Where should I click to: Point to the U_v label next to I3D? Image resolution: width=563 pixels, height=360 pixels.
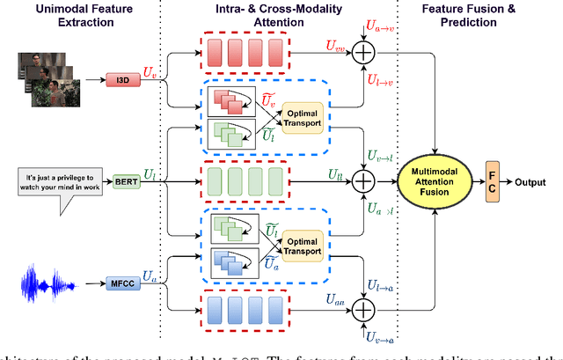pos(150,69)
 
